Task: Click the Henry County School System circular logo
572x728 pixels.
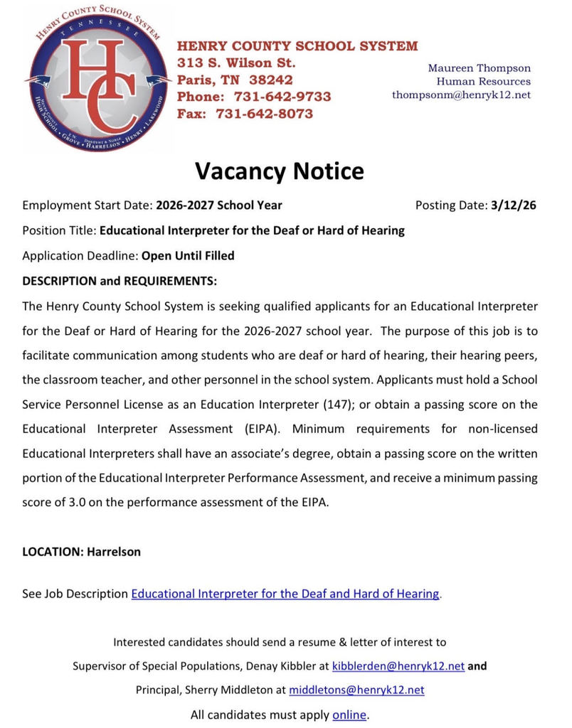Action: click(x=97, y=79)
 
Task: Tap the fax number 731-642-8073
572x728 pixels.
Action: click(x=264, y=114)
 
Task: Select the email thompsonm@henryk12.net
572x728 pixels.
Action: click(x=461, y=95)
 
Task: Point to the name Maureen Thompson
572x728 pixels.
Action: click(x=479, y=68)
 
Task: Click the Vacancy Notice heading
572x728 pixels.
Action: click(x=280, y=171)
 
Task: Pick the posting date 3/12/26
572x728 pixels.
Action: click(x=513, y=205)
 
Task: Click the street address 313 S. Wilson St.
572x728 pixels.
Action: click(x=236, y=63)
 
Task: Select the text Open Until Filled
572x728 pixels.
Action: click(x=188, y=255)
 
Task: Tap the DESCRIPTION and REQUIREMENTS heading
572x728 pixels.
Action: click(x=120, y=281)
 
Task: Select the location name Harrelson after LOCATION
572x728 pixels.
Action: click(x=114, y=552)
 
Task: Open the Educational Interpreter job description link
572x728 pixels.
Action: click(x=285, y=594)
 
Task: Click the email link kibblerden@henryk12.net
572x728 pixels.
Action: click(x=398, y=666)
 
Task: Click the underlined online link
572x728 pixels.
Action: click(x=349, y=714)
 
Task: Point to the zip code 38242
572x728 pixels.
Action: click(x=268, y=80)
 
